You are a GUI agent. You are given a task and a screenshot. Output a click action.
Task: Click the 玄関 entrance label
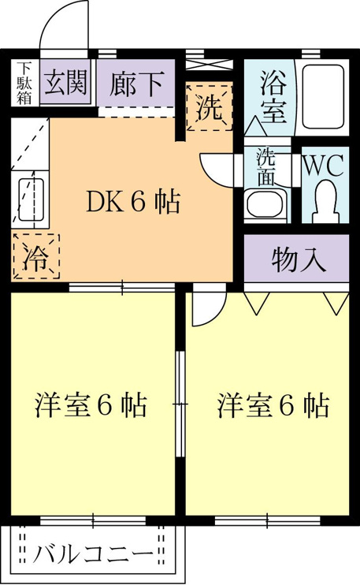tap(66, 83)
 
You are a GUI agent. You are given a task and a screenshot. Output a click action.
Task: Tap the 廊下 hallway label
tap(137, 84)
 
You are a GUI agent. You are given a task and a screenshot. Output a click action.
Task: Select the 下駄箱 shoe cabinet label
tap(24, 83)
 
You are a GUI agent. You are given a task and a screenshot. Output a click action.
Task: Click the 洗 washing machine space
tap(210, 107)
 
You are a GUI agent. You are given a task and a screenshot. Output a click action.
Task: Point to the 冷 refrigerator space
tap(36, 256)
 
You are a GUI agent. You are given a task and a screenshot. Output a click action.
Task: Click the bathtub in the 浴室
tap(323, 97)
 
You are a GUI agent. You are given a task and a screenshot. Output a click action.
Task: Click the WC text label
tap(324, 166)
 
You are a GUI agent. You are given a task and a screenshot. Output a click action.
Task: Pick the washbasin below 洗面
tap(266, 203)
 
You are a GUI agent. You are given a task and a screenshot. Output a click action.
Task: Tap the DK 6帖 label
tap(133, 202)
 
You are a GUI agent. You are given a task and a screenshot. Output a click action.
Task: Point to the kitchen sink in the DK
tap(31, 199)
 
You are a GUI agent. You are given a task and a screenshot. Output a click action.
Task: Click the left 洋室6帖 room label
tap(91, 404)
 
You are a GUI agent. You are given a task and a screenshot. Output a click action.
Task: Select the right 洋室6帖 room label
tap(273, 405)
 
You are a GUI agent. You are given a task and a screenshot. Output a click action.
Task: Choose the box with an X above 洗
tap(209, 63)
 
